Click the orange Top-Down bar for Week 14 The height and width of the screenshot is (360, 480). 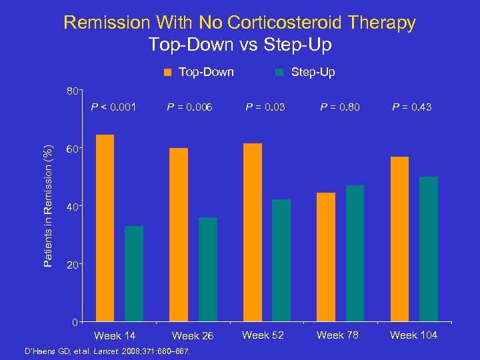pos(105,228)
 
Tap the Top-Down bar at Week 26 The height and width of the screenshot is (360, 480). pos(179,235)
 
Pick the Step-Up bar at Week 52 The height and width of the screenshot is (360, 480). pos(281,260)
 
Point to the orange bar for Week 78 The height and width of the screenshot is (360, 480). pos(326,257)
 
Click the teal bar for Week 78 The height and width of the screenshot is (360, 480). pos(355,253)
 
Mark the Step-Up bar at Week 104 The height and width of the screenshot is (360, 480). pos(429,249)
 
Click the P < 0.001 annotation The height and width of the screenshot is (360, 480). pos(117,107)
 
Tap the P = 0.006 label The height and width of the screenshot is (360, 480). pos(190,107)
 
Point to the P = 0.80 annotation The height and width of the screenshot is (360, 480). pos(340,107)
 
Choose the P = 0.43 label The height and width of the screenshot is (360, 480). pos(412,107)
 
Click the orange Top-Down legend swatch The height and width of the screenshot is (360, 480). pos(169,72)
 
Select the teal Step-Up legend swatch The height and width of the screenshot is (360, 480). pos(280,72)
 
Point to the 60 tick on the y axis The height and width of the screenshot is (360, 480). pos(71,149)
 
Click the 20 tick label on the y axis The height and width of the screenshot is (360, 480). pos(71,265)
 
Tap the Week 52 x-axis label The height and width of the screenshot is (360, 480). pos(263,335)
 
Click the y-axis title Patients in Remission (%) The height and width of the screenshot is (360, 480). pos(47,207)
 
